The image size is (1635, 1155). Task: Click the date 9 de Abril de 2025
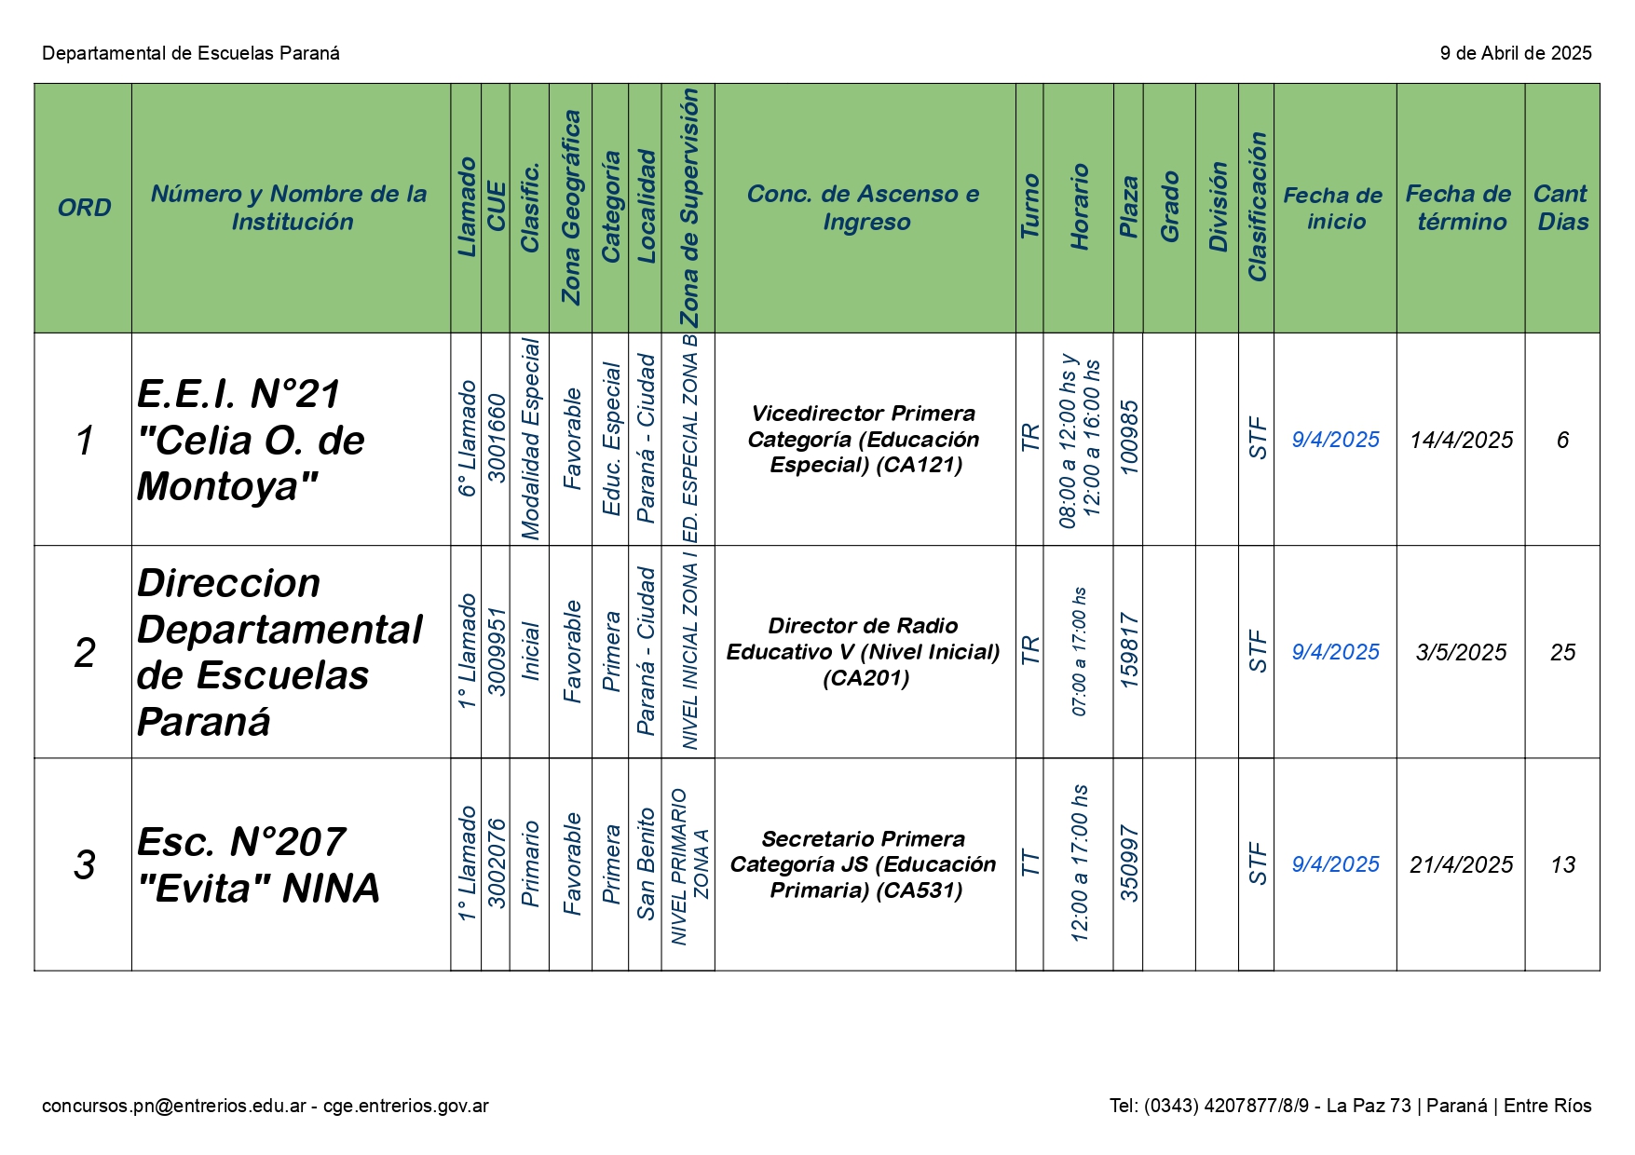tap(1516, 53)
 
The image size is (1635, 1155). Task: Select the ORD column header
tap(84, 208)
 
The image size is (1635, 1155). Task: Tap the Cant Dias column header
tap(1561, 208)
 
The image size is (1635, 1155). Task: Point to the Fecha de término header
tap(1460, 208)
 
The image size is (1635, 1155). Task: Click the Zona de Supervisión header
tap(688, 208)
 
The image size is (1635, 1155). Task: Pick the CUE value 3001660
tap(497, 439)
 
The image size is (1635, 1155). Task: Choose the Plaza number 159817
tap(1128, 651)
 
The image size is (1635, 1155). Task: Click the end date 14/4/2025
tap(1460, 440)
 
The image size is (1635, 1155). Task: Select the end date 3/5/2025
tap(1460, 652)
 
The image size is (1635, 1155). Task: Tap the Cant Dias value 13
tap(1562, 864)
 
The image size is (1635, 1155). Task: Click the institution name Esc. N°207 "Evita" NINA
tap(258, 864)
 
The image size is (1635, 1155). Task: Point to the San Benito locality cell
tap(646, 864)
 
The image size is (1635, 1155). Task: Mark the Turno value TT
tap(1029, 863)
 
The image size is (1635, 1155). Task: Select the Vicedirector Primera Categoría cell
tap(864, 439)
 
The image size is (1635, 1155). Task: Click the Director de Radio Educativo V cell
tap(864, 651)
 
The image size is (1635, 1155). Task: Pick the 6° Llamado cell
tap(467, 439)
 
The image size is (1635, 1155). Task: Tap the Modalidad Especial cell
tap(530, 439)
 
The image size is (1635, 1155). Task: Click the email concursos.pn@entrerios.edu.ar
tap(174, 1106)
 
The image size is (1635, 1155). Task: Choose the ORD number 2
tap(84, 652)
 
